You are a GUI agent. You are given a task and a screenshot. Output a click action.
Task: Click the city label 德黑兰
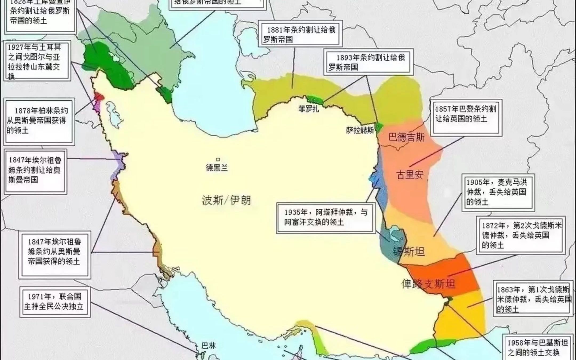[x=217, y=168]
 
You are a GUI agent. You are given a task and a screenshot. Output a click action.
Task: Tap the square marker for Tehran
[x=218, y=159]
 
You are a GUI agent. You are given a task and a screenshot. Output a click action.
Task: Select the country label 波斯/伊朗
[x=226, y=200]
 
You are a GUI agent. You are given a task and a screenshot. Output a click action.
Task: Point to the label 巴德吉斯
[x=406, y=138]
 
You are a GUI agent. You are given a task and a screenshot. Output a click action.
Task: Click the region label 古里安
[x=410, y=175]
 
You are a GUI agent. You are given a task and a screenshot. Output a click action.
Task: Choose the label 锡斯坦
[x=409, y=251]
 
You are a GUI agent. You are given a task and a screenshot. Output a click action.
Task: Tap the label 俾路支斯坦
[x=428, y=284]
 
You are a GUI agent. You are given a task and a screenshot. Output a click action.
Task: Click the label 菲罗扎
[x=309, y=109]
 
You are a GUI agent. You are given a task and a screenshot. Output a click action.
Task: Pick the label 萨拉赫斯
[x=360, y=130]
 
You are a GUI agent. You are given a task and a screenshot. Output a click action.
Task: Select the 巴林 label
[x=209, y=346]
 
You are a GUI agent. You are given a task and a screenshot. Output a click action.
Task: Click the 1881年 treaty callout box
[x=300, y=34]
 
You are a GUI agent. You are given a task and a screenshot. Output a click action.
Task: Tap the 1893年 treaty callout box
[x=369, y=62]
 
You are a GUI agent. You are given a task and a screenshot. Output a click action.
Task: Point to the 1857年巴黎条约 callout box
[x=466, y=117]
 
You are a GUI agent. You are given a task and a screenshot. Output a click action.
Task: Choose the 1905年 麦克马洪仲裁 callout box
[x=498, y=192]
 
